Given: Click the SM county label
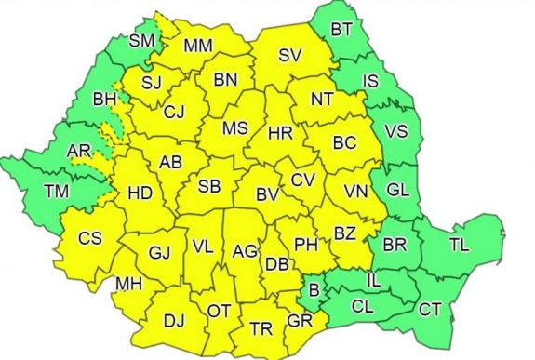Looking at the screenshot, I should [142, 40].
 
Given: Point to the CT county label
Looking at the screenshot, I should [431, 309].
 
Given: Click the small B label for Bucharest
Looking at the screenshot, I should [314, 290].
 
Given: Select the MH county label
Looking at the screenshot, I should [129, 283].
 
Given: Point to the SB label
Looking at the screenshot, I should [210, 186].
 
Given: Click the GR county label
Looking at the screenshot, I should [300, 324].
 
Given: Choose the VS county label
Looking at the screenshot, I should [396, 132].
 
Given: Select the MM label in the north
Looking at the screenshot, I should [198, 45].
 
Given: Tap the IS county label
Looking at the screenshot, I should [370, 82].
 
